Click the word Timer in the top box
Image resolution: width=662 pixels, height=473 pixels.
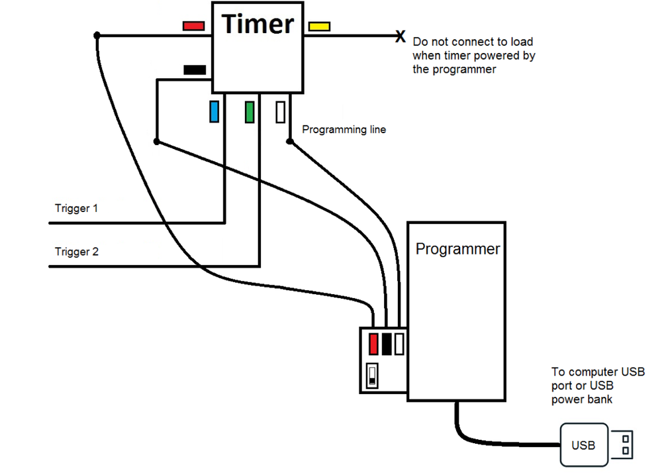click(258, 25)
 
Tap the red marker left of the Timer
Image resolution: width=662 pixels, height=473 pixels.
click(193, 26)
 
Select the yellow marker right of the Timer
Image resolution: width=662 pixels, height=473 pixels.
click(319, 26)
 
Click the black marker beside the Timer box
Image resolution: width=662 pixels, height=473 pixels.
click(195, 69)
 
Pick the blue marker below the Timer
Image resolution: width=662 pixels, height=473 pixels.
click(214, 111)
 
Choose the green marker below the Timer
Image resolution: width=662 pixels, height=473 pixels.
click(250, 111)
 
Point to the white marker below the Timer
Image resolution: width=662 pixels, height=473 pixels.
click(281, 111)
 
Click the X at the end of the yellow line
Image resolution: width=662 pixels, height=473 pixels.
click(400, 36)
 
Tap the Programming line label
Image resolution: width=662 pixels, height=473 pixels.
click(344, 130)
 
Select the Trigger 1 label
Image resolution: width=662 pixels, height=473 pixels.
click(76, 209)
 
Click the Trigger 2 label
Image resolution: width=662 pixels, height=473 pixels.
click(76, 252)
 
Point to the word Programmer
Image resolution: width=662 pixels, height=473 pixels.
click(457, 249)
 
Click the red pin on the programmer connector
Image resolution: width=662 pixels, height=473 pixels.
click(373, 344)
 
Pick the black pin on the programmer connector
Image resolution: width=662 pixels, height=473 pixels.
click(387, 344)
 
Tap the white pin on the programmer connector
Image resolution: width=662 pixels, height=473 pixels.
click(399, 344)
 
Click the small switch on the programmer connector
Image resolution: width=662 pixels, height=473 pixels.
click(373, 375)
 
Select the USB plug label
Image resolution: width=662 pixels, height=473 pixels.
click(583, 445)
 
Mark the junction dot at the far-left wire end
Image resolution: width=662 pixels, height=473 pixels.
click(97, 35)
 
